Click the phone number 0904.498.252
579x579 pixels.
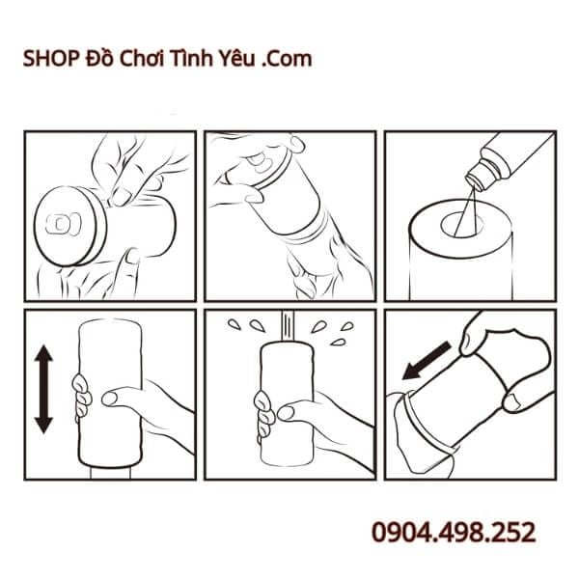coord(453,533)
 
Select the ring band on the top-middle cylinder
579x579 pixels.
coord(307,232)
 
